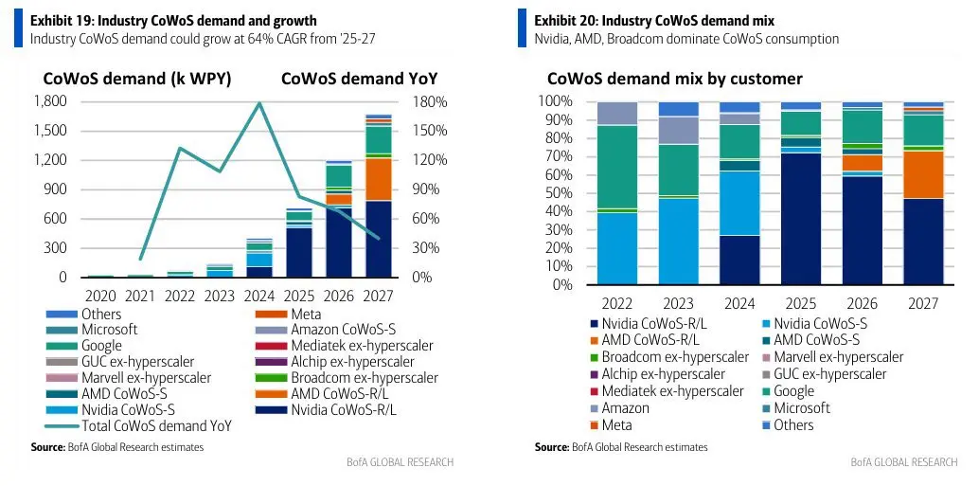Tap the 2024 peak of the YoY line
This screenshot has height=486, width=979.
[x=258, y=102]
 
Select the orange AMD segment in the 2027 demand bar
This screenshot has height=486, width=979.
[x=378, y=179]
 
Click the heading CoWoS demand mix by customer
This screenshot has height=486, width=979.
[x=674, y=79]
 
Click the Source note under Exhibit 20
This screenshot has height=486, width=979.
[x=620, y=446]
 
